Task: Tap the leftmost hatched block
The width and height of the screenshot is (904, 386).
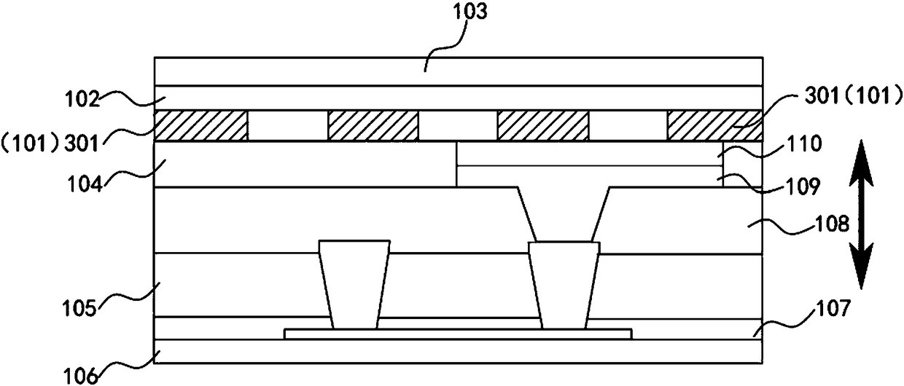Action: [x=201, y=125]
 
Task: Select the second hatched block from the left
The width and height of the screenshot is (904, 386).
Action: [x=373, y=125]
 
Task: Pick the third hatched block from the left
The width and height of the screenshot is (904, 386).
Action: [x=542, y=125]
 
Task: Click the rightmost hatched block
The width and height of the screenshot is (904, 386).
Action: [x=714, y=125]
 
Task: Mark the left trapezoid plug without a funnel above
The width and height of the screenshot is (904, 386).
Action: [x=354, y=284]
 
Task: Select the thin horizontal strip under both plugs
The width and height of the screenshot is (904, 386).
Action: [x=457, y=334]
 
